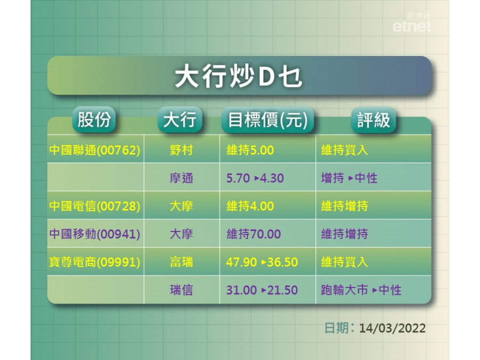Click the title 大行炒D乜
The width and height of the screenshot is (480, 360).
tap(239, 76)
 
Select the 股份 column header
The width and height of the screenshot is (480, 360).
tap(94, 119)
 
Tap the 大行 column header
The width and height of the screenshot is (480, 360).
tap(180, 119)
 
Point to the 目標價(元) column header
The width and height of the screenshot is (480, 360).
tap(268, 119)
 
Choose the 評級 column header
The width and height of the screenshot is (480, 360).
tap(373, 119)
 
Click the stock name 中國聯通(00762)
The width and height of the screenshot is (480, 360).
tap(94, 150)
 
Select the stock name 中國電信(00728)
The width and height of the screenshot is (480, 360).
tap(94, 206)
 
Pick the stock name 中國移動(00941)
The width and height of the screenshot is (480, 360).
tap(94, 234)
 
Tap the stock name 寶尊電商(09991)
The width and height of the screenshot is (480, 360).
tap(94, 262)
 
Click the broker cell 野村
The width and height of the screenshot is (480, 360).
tap(181, 150)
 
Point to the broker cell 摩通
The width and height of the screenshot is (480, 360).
tap(181, 178)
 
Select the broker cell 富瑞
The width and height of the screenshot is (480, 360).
tap(181, 262)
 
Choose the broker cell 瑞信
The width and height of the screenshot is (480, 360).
tap(181, 290)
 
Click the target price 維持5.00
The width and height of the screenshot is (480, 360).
tap(250, 150)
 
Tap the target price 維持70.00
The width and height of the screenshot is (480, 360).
tap(253, 234)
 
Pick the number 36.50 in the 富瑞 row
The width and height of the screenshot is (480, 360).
tap(282, 262)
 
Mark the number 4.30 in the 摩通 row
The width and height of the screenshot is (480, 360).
tap(272, 178)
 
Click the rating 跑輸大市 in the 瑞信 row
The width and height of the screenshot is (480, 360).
tap(345, 290)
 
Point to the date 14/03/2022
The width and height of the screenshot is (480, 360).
tap(392, 328)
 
